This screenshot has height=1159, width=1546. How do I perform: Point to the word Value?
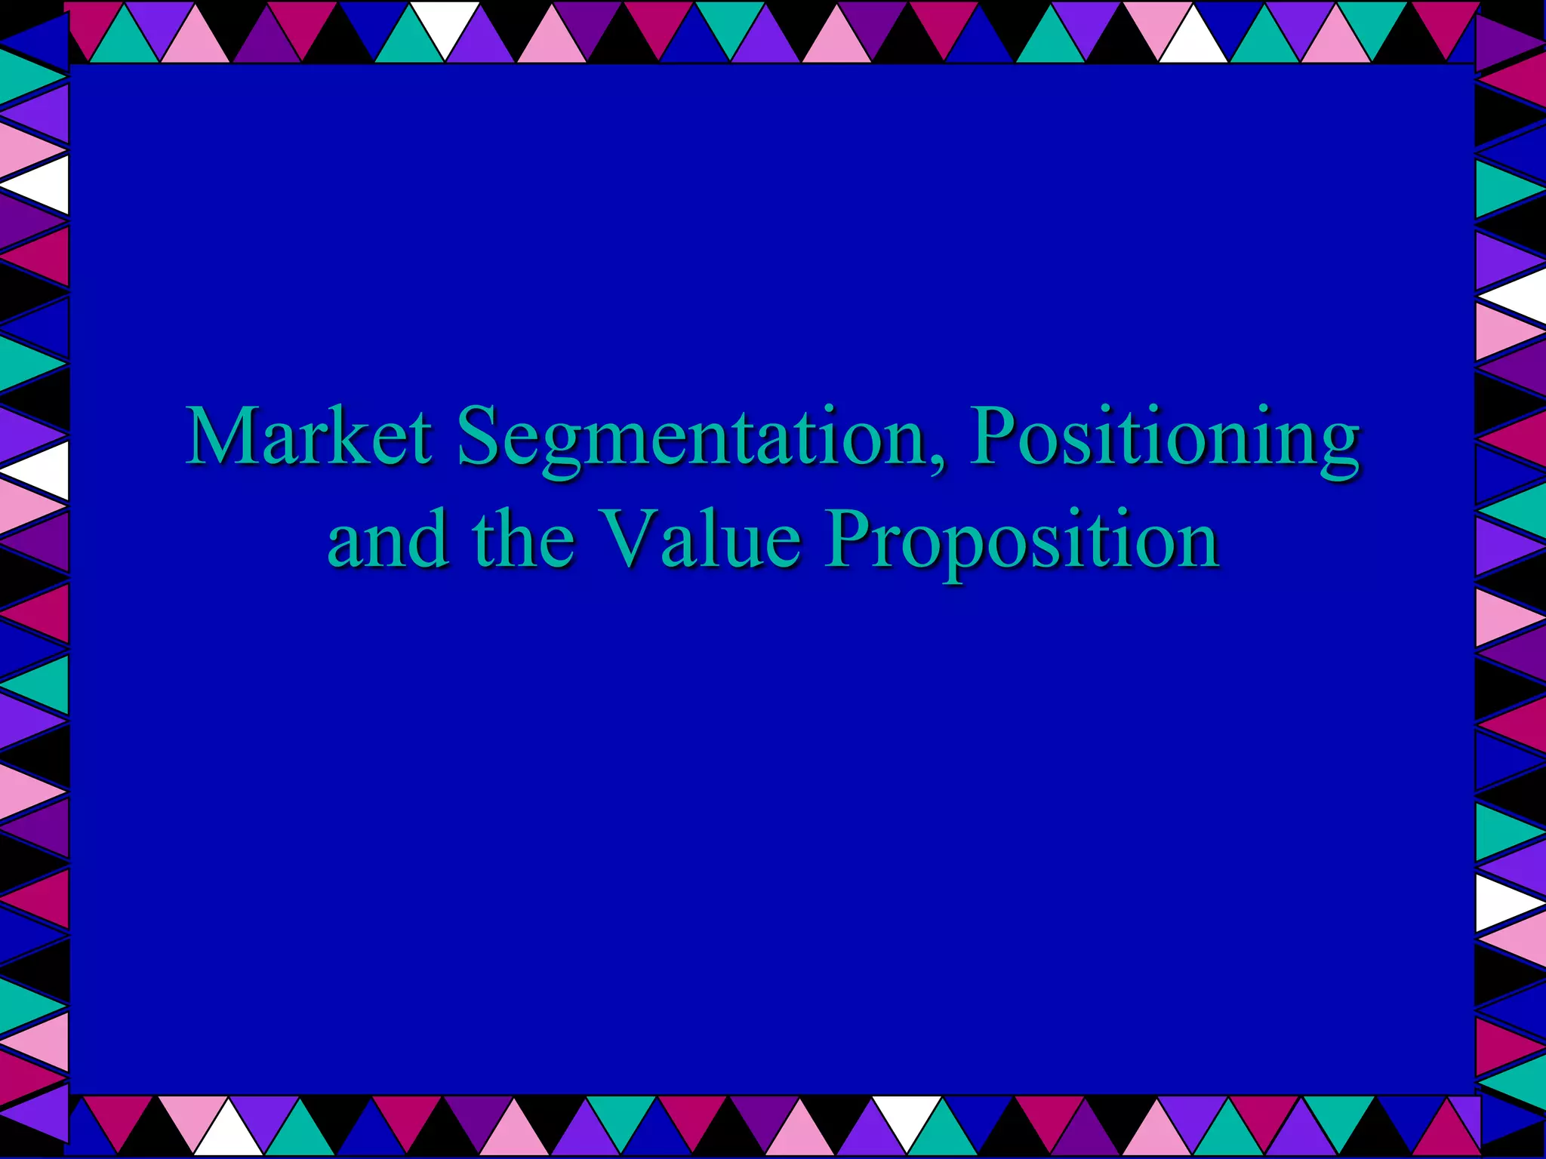[x=701, y=539]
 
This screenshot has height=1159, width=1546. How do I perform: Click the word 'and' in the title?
[x=388, y=539]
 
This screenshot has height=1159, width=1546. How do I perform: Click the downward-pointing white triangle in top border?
[x=445, y=26]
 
